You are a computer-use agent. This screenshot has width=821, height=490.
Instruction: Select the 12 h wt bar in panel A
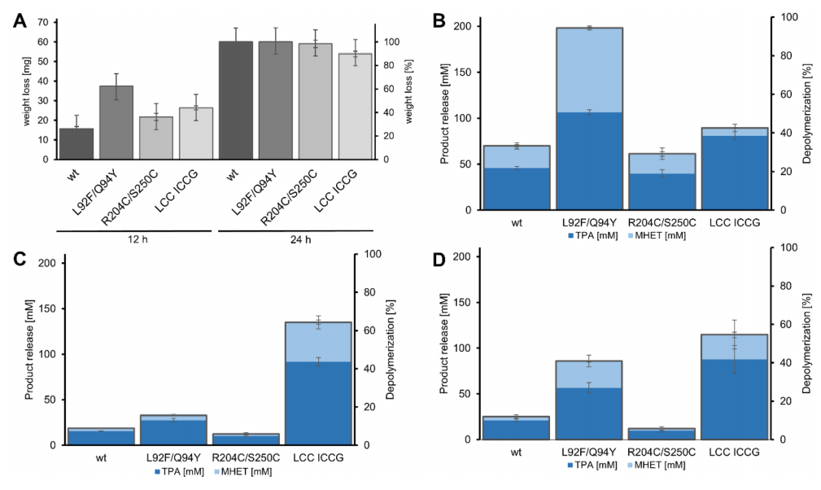[76, 144]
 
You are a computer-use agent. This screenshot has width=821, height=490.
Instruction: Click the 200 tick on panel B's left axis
[467, 26]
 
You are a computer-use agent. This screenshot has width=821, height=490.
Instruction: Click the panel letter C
[20, 261]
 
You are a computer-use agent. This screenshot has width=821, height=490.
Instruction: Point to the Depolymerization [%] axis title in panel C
[391, 350]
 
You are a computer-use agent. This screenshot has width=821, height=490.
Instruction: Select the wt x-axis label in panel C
[100, 458]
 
